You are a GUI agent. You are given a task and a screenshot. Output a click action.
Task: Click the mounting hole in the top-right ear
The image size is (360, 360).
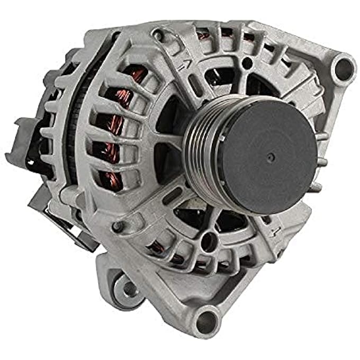[345, 67]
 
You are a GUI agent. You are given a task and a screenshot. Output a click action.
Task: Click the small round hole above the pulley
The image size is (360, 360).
[246, 64]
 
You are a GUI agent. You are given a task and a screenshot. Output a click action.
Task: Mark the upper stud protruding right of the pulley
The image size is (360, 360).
[321, 137]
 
